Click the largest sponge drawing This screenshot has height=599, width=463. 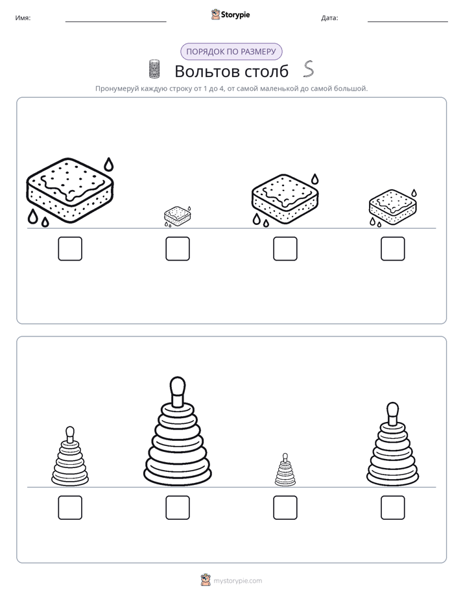coord(70,190)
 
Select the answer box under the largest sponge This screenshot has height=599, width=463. coord(70,249)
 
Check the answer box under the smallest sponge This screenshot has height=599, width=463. coord(178,249)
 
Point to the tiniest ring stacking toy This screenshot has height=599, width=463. coord(285,470)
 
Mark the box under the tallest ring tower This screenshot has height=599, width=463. coord(178,508)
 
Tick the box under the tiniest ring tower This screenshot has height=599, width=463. coord(285,508)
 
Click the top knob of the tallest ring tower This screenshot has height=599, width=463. coord(177,386)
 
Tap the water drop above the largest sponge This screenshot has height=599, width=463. coord(109,164)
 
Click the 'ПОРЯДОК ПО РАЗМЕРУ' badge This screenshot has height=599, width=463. coord(231,52)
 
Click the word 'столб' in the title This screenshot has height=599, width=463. coord(267,71)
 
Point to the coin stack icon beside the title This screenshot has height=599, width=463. coord(154,69)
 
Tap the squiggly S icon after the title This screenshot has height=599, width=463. coord(309,69)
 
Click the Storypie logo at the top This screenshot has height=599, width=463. coord(230,15)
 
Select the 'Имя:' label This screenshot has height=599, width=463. coord(23,18)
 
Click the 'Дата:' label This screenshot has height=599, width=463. coord(329,18)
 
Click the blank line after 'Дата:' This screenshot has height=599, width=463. coord(408,21)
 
